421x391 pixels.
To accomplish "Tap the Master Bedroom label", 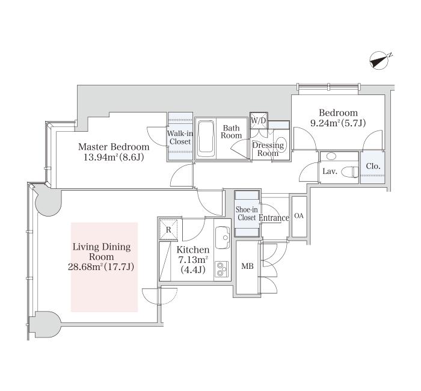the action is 114,147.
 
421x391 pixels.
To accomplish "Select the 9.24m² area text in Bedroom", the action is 325,123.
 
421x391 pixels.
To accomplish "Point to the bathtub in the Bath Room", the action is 206,140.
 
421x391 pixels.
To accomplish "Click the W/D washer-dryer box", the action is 259,120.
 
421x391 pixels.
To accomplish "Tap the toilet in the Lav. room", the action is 351,172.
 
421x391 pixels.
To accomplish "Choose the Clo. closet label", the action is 373,166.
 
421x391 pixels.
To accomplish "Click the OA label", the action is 299,215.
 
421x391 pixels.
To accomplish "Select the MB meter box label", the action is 247,266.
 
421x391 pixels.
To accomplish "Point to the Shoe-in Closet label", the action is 247,214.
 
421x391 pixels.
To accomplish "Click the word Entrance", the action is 274,218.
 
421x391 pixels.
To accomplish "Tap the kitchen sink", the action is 223,238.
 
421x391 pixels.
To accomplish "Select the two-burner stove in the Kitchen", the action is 221,269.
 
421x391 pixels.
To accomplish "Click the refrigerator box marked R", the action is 168,229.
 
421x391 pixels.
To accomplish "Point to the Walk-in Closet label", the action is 180,138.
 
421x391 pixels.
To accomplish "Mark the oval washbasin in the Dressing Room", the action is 281,145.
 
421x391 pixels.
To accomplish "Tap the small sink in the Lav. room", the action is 331,156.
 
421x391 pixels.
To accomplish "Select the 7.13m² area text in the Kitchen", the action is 194,260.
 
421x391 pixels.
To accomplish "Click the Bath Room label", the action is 231,132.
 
